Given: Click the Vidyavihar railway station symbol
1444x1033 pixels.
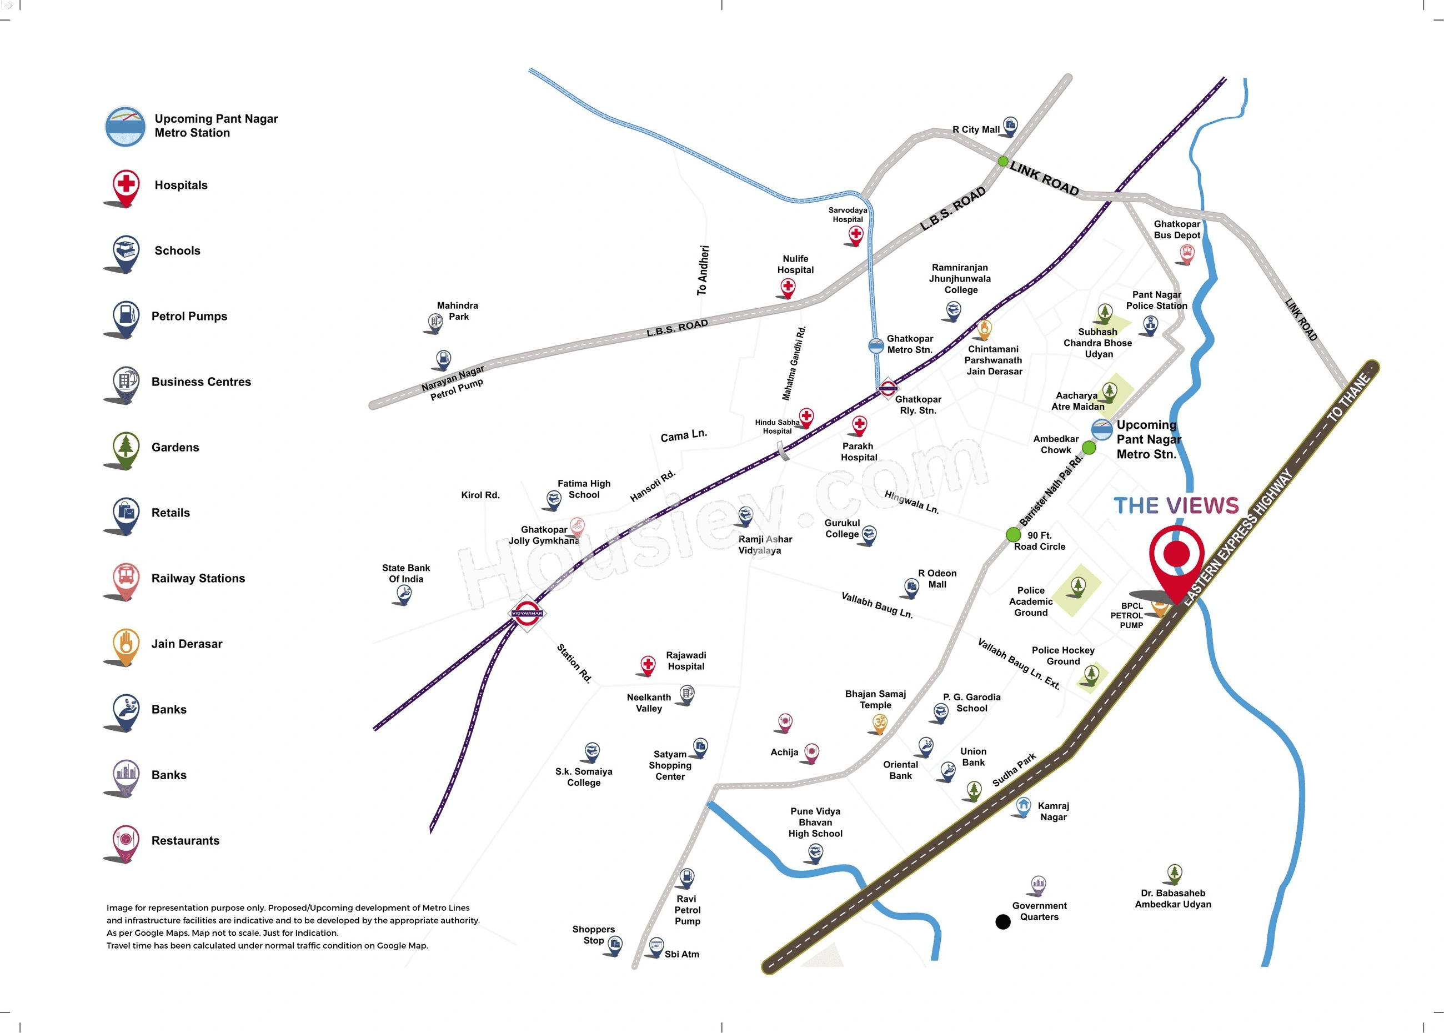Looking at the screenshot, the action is click(528, 613).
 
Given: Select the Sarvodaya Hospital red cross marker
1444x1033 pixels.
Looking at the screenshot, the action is click(856, 235).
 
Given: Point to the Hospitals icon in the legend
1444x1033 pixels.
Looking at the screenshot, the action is click(126, 185).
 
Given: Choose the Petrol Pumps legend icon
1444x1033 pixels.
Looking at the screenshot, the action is click(126, 316).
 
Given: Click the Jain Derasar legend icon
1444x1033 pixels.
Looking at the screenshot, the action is click(126, 644).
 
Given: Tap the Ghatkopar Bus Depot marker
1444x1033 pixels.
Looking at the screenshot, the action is click(1186, 253).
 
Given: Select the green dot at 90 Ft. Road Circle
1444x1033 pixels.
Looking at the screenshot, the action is click(1014, 534).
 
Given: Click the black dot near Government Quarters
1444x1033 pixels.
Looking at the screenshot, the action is click(1002, 922).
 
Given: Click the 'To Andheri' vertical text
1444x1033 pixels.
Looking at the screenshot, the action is click(702, 270).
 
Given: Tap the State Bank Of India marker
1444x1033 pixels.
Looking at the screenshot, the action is click(404, 594).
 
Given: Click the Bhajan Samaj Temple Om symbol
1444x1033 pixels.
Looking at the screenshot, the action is click(880, 723).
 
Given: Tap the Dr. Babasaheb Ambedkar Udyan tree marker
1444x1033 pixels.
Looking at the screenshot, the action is click(1174, 872).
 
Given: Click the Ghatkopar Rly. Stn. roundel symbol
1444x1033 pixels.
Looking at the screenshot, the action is click(888, 388).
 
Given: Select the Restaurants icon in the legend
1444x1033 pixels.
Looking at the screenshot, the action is click(126, 840).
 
